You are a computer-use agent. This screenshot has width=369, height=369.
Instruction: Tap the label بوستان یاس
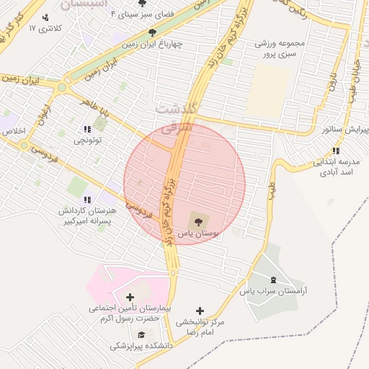click(200, 235)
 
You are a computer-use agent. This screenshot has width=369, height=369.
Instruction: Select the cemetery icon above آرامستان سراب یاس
click(273, 279)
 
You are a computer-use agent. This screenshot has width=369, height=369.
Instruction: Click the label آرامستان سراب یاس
click(274, 291)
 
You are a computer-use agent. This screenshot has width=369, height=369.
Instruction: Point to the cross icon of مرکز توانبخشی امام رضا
click(200, 311)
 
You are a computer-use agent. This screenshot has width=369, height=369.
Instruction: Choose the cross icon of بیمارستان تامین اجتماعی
click(130, 297)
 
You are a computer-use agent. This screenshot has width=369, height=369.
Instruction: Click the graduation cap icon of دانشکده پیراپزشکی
click(141, 334)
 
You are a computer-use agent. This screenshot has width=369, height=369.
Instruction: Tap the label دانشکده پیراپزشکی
click(142, 347)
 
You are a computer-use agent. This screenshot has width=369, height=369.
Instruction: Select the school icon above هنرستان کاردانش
click(87, 200)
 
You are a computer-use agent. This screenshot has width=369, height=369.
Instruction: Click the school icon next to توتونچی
click(81, 132)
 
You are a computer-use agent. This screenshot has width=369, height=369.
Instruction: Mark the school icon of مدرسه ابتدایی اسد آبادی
click(336, 151)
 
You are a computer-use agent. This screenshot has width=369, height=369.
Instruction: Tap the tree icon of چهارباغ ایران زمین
click(152, 32)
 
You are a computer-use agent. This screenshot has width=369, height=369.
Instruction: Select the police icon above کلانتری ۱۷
click(46, 17)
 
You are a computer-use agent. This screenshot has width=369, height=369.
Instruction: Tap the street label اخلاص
click(14, 131)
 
